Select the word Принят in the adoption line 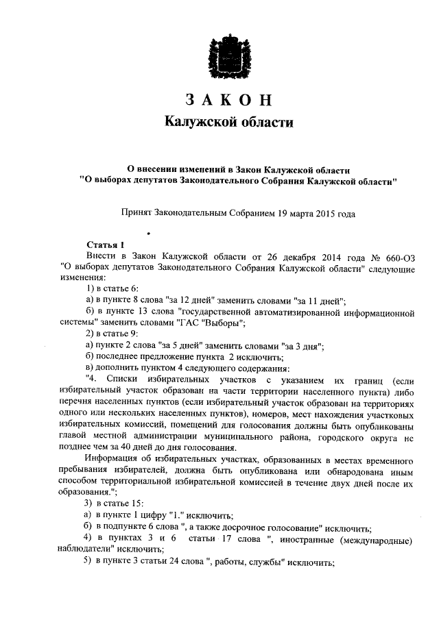138,214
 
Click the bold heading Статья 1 106,245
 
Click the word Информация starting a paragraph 117,457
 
